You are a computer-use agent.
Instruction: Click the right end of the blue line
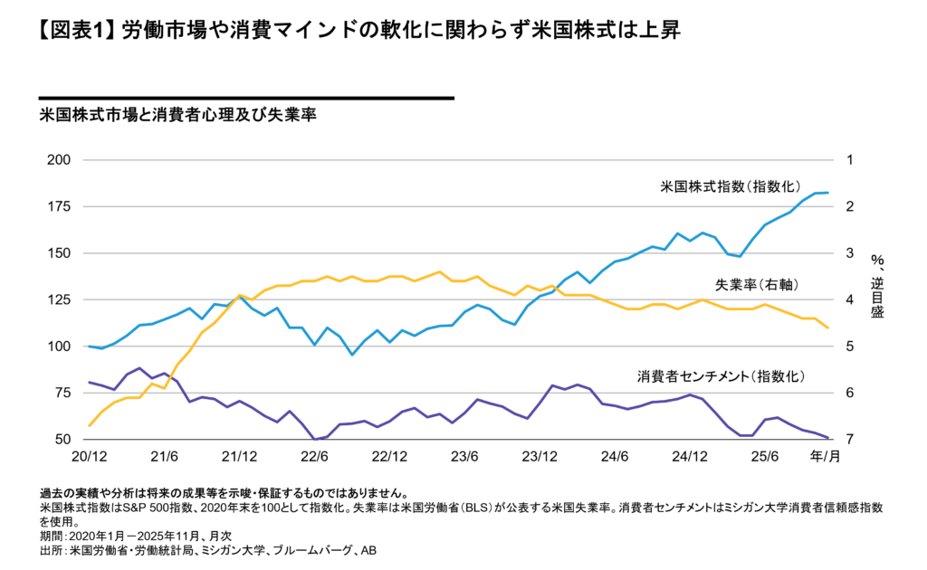(828, 193)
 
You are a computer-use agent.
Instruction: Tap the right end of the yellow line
(828, 328)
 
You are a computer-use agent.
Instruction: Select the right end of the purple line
(828, 437)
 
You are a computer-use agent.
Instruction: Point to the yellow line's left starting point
(89, 425)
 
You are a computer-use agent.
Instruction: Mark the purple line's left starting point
(89, 382)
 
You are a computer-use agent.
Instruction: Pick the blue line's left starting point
(89, 347)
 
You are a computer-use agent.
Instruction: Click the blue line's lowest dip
(352, 355)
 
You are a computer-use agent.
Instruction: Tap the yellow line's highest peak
(440, 271)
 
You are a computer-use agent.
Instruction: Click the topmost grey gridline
(458, 159)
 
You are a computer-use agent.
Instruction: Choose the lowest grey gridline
(458, 393)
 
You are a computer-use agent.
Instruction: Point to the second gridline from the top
(458, 206)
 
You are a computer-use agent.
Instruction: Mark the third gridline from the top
(458, 252)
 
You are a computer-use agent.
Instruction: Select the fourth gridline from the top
(458, 299)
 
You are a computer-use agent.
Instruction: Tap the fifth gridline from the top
(458, 346)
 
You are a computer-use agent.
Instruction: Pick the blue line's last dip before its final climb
(741, 256)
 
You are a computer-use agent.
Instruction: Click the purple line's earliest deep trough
(315, 439)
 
